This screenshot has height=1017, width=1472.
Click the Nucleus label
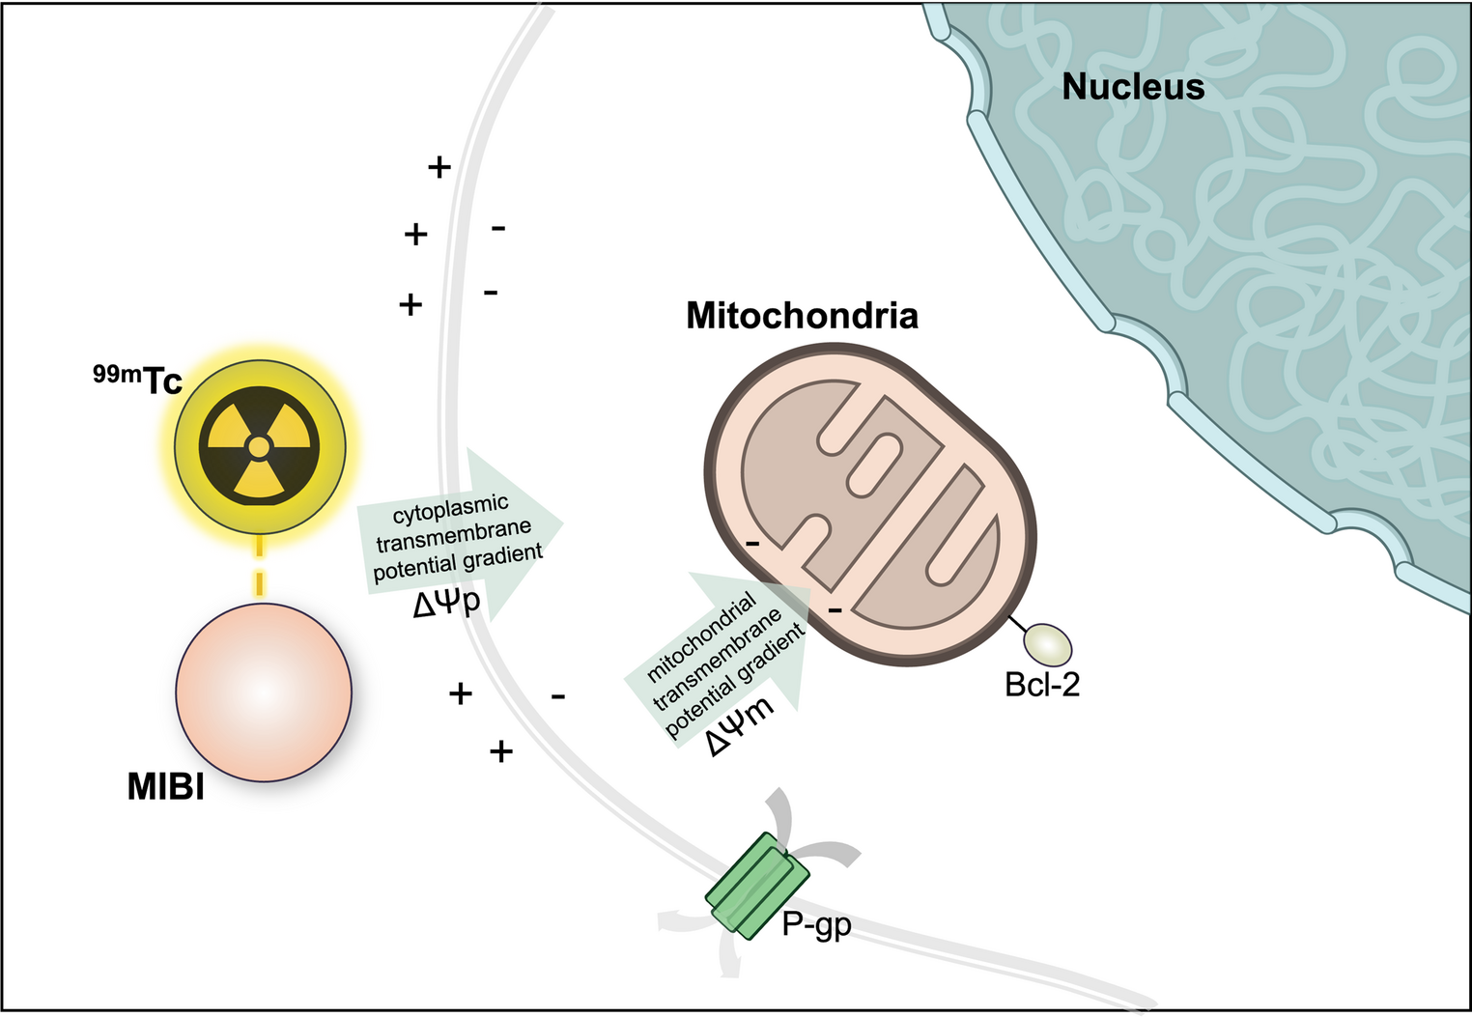pyautogui.click(x=1133, y=87)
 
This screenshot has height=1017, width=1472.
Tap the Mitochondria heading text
pyautogui.click(x=802, y=316)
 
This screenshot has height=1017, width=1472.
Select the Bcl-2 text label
pyautogui.click(x=1042, y=685)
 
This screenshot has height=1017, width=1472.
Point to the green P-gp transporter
pyautogui.click(x=757, y=885)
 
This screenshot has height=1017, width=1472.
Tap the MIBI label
pyautogui.click(x=165, y=786)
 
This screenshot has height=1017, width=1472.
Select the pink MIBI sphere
pyautogui.click(x=264, y=692)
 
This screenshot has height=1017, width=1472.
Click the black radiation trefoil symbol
pyautogui.click(x=259, y=447)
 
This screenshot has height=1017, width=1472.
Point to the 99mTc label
pyautogui.click(x=137, y=380)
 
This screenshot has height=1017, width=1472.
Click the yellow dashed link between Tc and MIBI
pyautogui.click(x=260, y=565)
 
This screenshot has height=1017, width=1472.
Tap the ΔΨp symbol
pyautogui.click(x=447, y=603)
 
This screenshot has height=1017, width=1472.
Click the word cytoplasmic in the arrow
pyautogui.click(x=451, y=508)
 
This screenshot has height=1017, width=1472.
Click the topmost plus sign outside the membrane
pyautogui.click(x=439, y=167)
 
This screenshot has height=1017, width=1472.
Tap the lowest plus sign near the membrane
pyautogui.click(x=500, y=751)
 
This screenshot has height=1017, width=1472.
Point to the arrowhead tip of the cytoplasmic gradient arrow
pyautogui.click(x=562, y=523)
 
